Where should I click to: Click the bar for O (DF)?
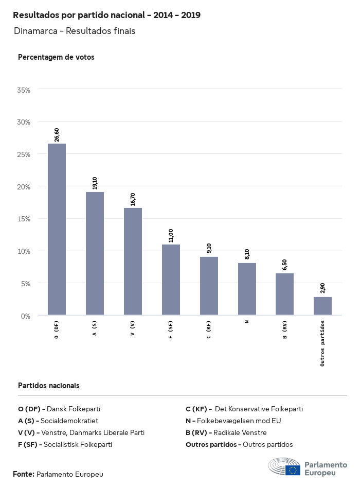point(57,229)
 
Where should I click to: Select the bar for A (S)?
point(95,253)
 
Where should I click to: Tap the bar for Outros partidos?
point(322,306)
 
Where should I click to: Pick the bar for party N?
point(247,289)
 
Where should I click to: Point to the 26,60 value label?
point(57,135)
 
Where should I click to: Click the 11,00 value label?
point(171,236)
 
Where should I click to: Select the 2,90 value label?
point(322,288)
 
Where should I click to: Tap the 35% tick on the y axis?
point(24,90)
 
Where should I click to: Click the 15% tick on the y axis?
point(24,219)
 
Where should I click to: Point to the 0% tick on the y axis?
point(25,316)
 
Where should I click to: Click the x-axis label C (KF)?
point(209,329)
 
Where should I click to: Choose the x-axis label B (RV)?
point(284,329)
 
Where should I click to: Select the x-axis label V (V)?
point(133,329)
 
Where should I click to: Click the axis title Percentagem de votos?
point(56,57)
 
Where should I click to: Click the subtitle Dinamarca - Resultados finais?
point(75,31)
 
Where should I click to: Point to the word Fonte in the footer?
point(24,474)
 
